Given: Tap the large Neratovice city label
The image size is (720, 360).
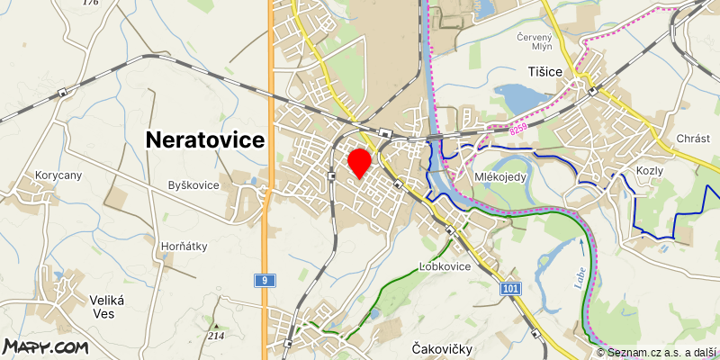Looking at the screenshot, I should point(205,139).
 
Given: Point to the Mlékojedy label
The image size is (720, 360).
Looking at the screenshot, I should point(500,177).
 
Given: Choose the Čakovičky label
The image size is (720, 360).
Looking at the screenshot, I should point(442,348).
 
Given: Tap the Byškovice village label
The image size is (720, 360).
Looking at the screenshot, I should point(193,185).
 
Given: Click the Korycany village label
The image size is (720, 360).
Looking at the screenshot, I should point(58,175).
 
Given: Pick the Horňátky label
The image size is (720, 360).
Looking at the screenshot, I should point(183,246).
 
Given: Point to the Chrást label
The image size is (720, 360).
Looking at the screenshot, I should point(693,139).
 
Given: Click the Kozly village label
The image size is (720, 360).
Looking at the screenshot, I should point(649,171).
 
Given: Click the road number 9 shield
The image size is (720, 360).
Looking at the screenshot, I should point(262,280).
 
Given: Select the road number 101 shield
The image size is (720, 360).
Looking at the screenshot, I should point(511,288).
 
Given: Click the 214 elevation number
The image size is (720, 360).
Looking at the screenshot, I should point(216,336).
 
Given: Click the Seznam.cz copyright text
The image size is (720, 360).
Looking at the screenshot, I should point(658,352).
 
